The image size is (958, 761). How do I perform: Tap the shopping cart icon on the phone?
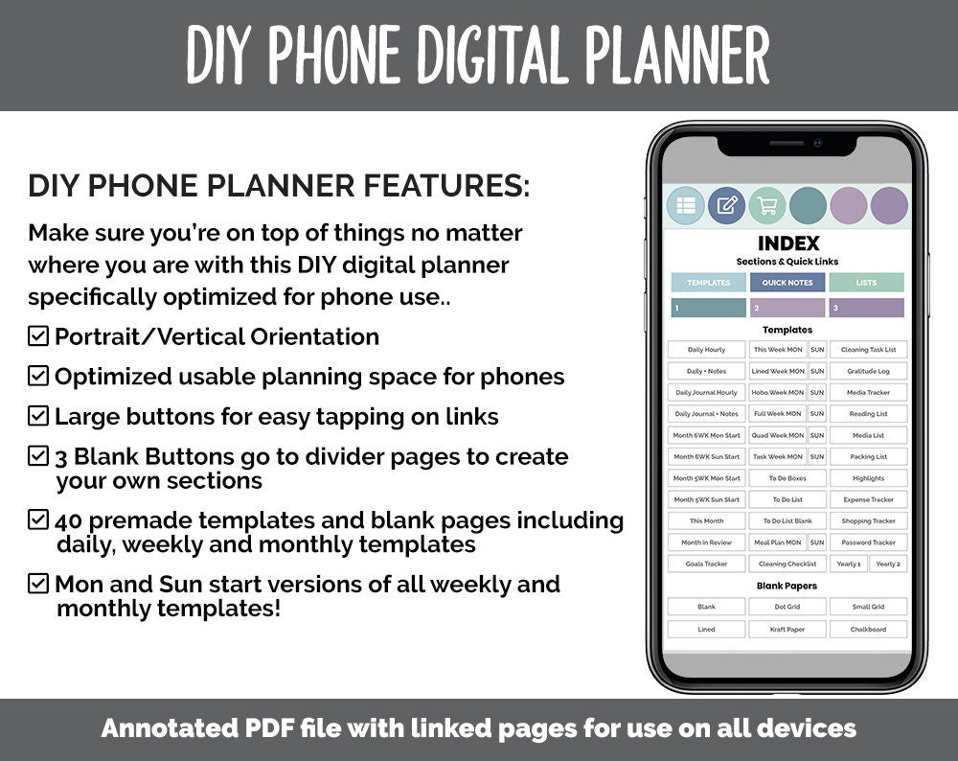click(766, 205)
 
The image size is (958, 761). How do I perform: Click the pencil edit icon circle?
click(726, 205)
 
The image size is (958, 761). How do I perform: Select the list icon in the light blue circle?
click(685, 205)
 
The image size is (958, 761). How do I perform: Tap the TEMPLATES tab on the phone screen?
click(708, 283)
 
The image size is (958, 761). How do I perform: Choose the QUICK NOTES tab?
click(787, 283)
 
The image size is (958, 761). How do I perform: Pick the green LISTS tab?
click(866, 283)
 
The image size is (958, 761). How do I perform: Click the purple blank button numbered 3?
click(866, 309)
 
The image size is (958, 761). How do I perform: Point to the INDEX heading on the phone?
click(787, 243)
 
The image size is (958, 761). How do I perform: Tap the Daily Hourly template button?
click(707, 350)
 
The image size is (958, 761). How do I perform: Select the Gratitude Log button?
click(868, 371)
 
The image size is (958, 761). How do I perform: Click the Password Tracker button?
click(868, 542)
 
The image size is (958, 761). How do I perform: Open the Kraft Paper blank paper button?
click(787, 630)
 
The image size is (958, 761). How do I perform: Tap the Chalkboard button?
click(868, 630)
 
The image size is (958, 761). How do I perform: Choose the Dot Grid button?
click(787, 607)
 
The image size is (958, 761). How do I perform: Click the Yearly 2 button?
click(888, 564)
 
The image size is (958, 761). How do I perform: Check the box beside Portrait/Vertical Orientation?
click(38, 336)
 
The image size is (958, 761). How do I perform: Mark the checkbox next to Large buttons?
click(38, 416)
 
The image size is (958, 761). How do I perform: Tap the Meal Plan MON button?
click(778, 542)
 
